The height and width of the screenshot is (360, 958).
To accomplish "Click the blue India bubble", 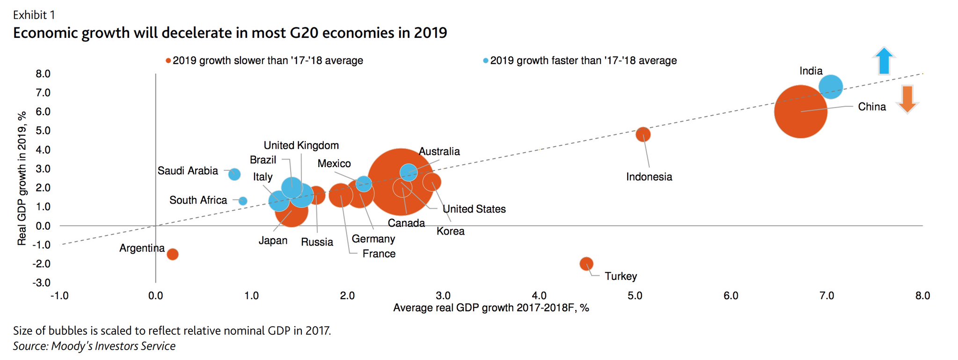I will pyautogui.click(x=831, y=87).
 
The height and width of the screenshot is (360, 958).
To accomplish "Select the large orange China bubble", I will pyautogui.click(x=800, y=111).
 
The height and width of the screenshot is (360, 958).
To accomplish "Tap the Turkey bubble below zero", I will pyautogui.click(x=586, y=264).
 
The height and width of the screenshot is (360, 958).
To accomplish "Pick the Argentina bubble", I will pyautogui.click(x=173, y=254).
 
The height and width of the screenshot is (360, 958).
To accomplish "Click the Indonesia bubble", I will pyautogui.click(x=643, y=134).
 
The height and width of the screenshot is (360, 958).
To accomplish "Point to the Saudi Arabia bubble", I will pyautogui.click(x=234, y=174).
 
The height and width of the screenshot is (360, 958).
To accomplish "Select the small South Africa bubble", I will pyautogui.click(x=242, y=201).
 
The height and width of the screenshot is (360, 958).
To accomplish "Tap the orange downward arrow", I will pyautogui.click(x=907, y=99).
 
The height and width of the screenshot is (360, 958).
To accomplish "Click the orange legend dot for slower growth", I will pyautogui.click(x=168, y=61).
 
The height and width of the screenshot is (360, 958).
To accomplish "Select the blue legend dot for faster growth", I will pyautogui.click(x=485, y=61).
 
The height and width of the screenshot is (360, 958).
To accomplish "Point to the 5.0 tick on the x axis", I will pyautogui.click(x=635, y=296).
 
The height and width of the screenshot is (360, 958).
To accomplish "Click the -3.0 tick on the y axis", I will pyautogui.click(x=41, y=283).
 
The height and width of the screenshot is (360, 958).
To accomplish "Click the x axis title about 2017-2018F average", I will pyautogui.click(x=491, y=308).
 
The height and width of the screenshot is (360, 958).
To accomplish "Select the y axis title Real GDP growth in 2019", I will pyautogui.click(x=22, y=178).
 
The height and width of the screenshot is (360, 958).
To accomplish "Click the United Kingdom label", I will pyautogui.click(x=301, y=146).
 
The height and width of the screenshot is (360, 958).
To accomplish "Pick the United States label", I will pyautogui.click(x=474, y=209).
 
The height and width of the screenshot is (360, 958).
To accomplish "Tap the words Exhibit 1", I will pyautogui.click(x=34, y=15).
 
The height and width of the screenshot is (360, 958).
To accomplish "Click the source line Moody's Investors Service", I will pyautogui.click(x=94, y=346).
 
